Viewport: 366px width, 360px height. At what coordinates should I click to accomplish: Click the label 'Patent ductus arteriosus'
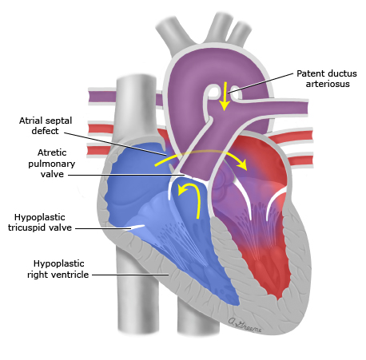click(x=327, y=79)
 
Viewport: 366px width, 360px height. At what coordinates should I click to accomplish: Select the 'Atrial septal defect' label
click(x=46, y=125)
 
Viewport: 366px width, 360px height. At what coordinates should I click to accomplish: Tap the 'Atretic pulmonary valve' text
click(x=52, y=163)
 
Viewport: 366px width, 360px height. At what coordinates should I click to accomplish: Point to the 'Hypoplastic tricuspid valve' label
click(x=40, y=222)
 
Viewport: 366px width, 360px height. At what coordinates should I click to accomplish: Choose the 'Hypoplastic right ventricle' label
click(x=58, y=269)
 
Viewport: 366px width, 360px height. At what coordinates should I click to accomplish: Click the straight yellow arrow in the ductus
click(x=225, y=96)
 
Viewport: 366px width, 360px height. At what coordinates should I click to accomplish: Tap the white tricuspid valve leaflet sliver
click(x=137, y=227)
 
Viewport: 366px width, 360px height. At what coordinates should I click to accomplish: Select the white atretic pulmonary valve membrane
click(x=197, y=178)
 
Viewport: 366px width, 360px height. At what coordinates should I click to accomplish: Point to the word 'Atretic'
click(x=52, y=152)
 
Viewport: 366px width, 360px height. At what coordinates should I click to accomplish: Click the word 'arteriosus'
click(x=328, y=84)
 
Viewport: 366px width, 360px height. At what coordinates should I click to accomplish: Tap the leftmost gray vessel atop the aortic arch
click(x=173, y=34)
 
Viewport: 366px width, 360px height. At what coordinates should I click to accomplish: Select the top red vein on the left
click(x=101, y=129)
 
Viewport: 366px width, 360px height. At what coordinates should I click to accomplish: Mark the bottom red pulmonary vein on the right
click(x=300, y=160)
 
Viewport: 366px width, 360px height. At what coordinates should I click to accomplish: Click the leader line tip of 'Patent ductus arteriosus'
click(x=229, y=93)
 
